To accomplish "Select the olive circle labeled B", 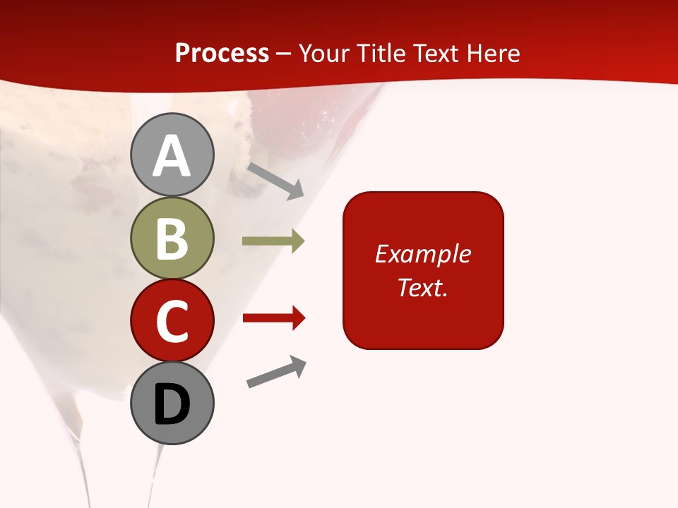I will [x=172, y=238].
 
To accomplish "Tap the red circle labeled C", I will [x=172, y=320].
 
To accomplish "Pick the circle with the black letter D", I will [x=172, y=403].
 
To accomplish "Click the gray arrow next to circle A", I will [x=275, y=181].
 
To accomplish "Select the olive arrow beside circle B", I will [x=273, y=241].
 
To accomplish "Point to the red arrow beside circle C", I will [x=273, y=319].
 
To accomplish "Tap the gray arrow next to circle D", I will [x=277, y=372].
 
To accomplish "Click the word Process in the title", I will [x=222, y=54].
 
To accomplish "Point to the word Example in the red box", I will [x=423, y=254].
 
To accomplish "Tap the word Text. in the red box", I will [x=423, y=288].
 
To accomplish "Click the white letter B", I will [x=172, y=238].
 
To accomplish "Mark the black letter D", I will [x=172, y=404].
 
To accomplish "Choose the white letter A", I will [x=172, y=156].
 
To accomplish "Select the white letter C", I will [x=172, y=321].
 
